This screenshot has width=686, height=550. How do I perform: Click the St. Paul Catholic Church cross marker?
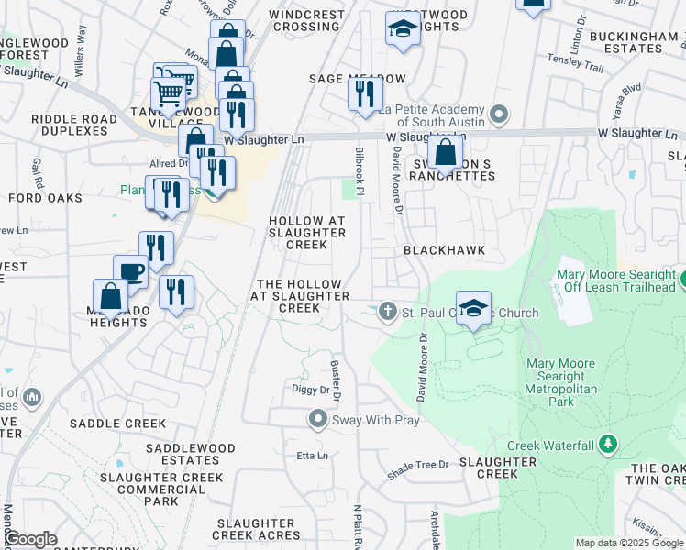click(387, 313)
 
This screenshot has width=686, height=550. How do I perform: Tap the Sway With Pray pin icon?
click(318, 419)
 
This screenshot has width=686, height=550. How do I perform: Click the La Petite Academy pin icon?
click(499, 115)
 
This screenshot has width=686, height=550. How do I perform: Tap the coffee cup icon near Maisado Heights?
click(130, 272)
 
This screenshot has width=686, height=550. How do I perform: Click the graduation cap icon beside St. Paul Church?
click(473, 308)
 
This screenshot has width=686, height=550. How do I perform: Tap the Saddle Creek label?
click(117, 423)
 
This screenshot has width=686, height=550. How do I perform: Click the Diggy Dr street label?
click(310, 390)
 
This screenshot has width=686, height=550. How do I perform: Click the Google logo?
click(30, 539)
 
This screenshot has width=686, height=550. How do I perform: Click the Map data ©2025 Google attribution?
click(629, 543)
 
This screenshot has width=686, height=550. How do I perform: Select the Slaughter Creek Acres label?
click(257, 534)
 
